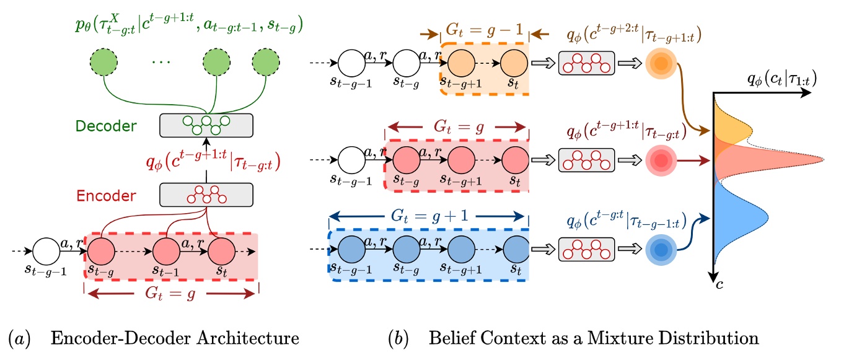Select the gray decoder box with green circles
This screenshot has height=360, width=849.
[x=207, y=125]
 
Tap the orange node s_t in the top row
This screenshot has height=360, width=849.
[x=512, y=64]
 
